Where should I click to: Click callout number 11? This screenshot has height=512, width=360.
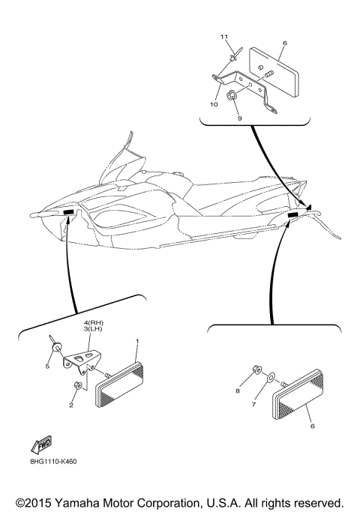[223, 37]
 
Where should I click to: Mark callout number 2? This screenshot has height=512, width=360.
[71, 405]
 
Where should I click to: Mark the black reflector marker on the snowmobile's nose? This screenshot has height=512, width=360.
[69, 214]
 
